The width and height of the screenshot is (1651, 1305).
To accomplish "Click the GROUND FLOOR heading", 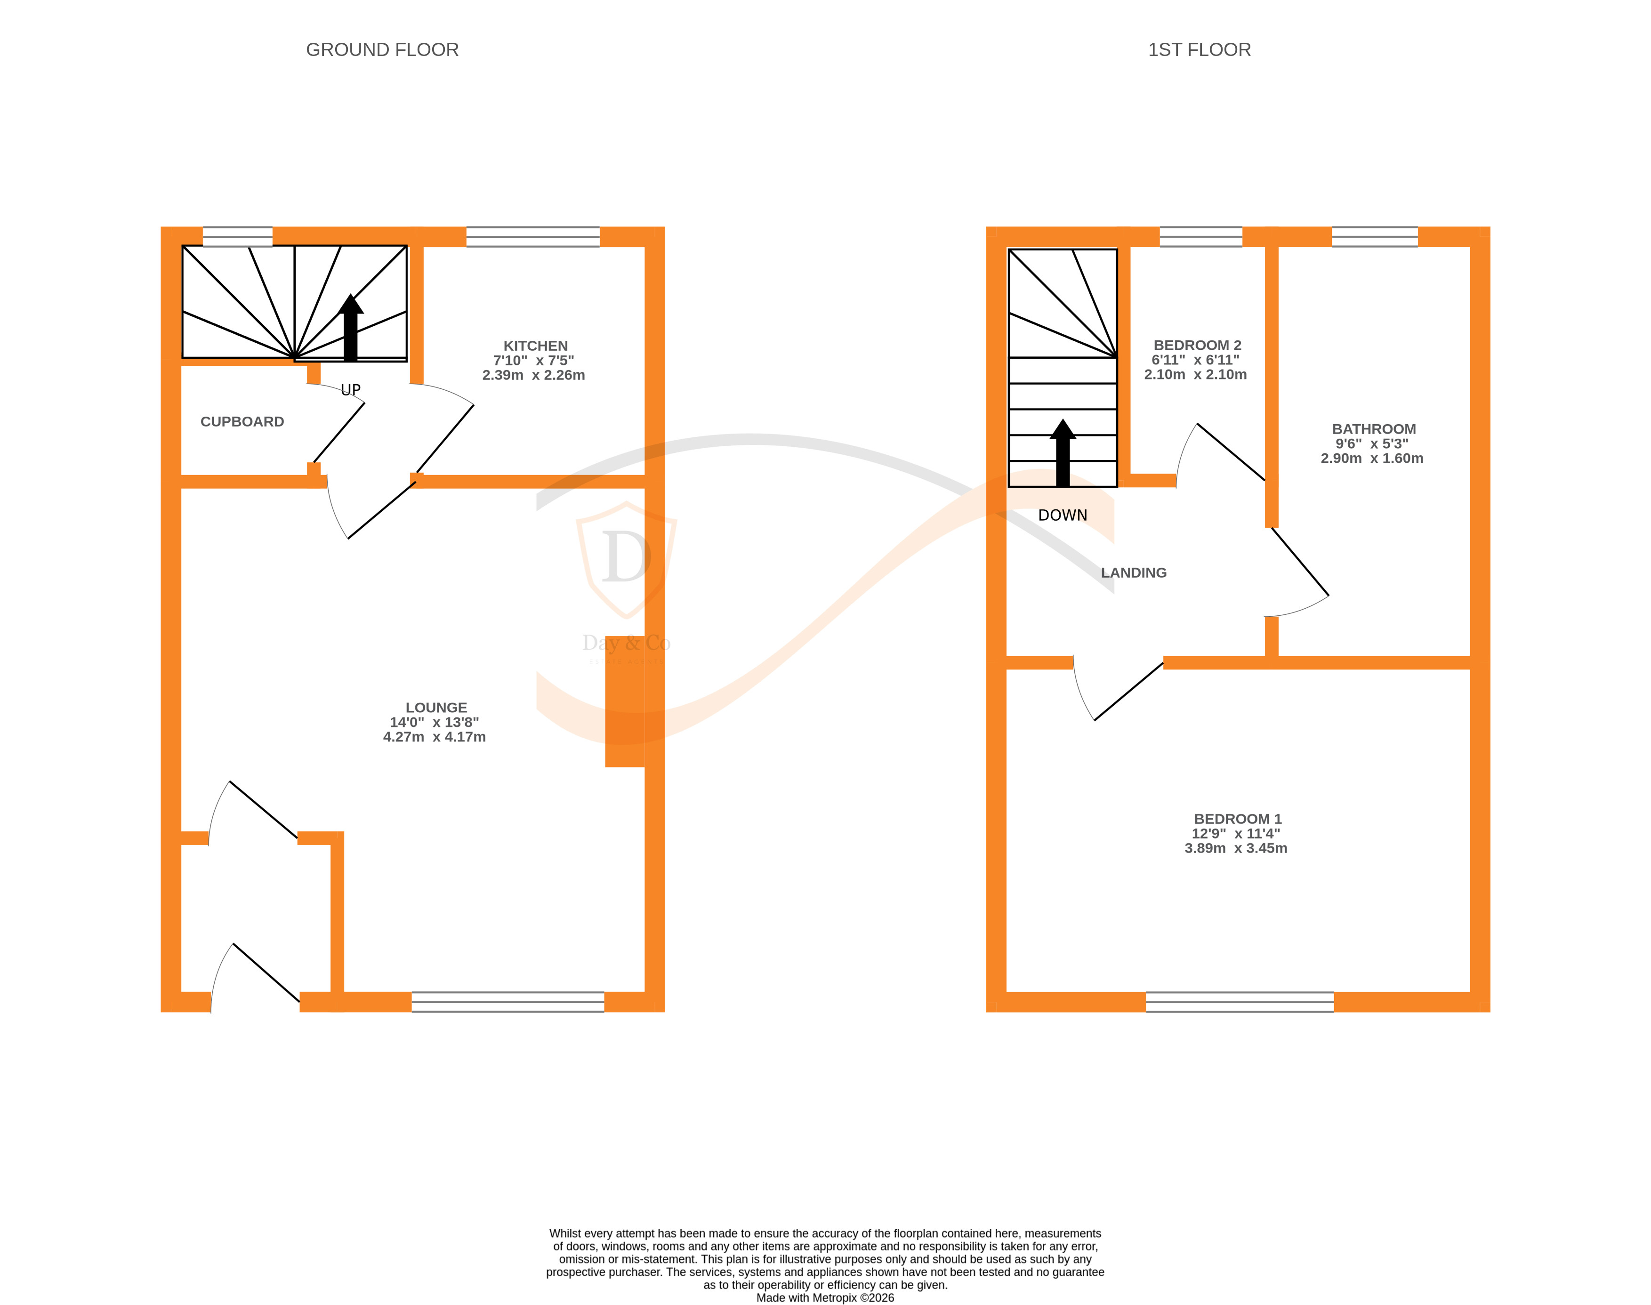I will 382,49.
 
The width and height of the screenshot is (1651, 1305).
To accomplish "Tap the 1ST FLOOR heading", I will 1199,49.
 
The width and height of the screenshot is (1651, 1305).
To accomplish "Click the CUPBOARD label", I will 242,422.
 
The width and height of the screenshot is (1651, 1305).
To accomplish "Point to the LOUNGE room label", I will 435,708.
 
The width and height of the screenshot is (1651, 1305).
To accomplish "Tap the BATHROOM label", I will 1373,429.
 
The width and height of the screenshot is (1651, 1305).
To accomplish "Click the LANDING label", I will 1133,573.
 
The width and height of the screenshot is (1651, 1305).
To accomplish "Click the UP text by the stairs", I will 351,390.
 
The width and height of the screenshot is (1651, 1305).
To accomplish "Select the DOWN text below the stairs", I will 1062,516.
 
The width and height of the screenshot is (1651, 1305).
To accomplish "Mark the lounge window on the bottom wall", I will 507,1002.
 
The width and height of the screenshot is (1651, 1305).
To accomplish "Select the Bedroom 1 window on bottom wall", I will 1239,1002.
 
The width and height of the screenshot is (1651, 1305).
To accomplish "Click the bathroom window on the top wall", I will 1375,237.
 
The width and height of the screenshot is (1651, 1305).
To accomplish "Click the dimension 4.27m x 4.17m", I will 434,737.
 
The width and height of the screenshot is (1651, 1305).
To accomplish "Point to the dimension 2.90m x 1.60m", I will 1371,459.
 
